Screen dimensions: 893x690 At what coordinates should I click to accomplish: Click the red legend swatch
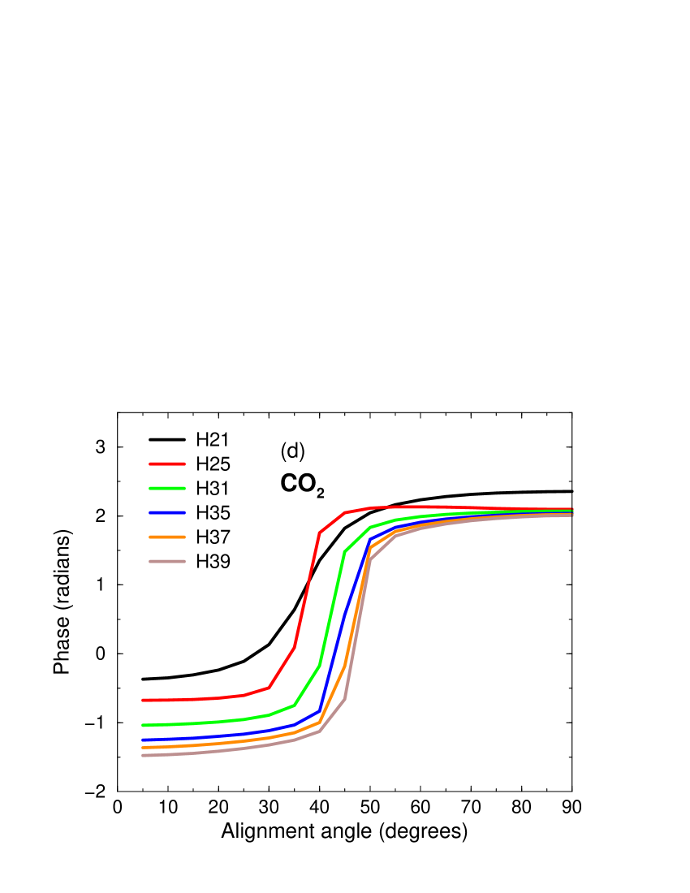coord(167,464)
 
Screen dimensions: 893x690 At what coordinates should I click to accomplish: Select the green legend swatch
coord(167,488)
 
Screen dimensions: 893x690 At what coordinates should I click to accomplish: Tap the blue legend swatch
coord(167,512)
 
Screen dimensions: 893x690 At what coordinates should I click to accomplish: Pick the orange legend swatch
coord(167,537)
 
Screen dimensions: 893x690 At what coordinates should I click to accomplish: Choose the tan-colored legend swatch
coord(167,561)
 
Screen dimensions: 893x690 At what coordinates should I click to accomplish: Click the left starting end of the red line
coord(144,700)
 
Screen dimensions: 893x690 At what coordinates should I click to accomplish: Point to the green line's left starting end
coord(144,725)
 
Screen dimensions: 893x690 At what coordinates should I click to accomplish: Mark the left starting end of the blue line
coord(144,740)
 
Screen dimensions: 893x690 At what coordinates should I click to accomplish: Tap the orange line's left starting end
coord(144,748)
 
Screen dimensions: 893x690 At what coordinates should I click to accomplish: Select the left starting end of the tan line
coord(144,756)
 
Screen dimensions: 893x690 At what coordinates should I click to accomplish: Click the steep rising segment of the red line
coord(307,589)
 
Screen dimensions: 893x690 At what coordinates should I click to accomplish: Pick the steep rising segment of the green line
coord(332,609)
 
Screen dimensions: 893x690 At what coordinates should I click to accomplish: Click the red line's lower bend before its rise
coord(270,687)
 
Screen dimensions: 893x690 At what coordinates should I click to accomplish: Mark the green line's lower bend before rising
coord(295,705)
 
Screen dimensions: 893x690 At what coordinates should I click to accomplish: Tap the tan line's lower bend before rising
coord(320,731)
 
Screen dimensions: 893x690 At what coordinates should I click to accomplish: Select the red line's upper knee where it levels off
coord(320,533)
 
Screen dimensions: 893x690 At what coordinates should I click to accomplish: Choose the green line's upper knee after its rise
coord(345,551)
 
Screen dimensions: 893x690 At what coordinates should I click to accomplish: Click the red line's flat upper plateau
coord(422,507)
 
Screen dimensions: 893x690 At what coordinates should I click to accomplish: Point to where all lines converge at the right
coord(571,512)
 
